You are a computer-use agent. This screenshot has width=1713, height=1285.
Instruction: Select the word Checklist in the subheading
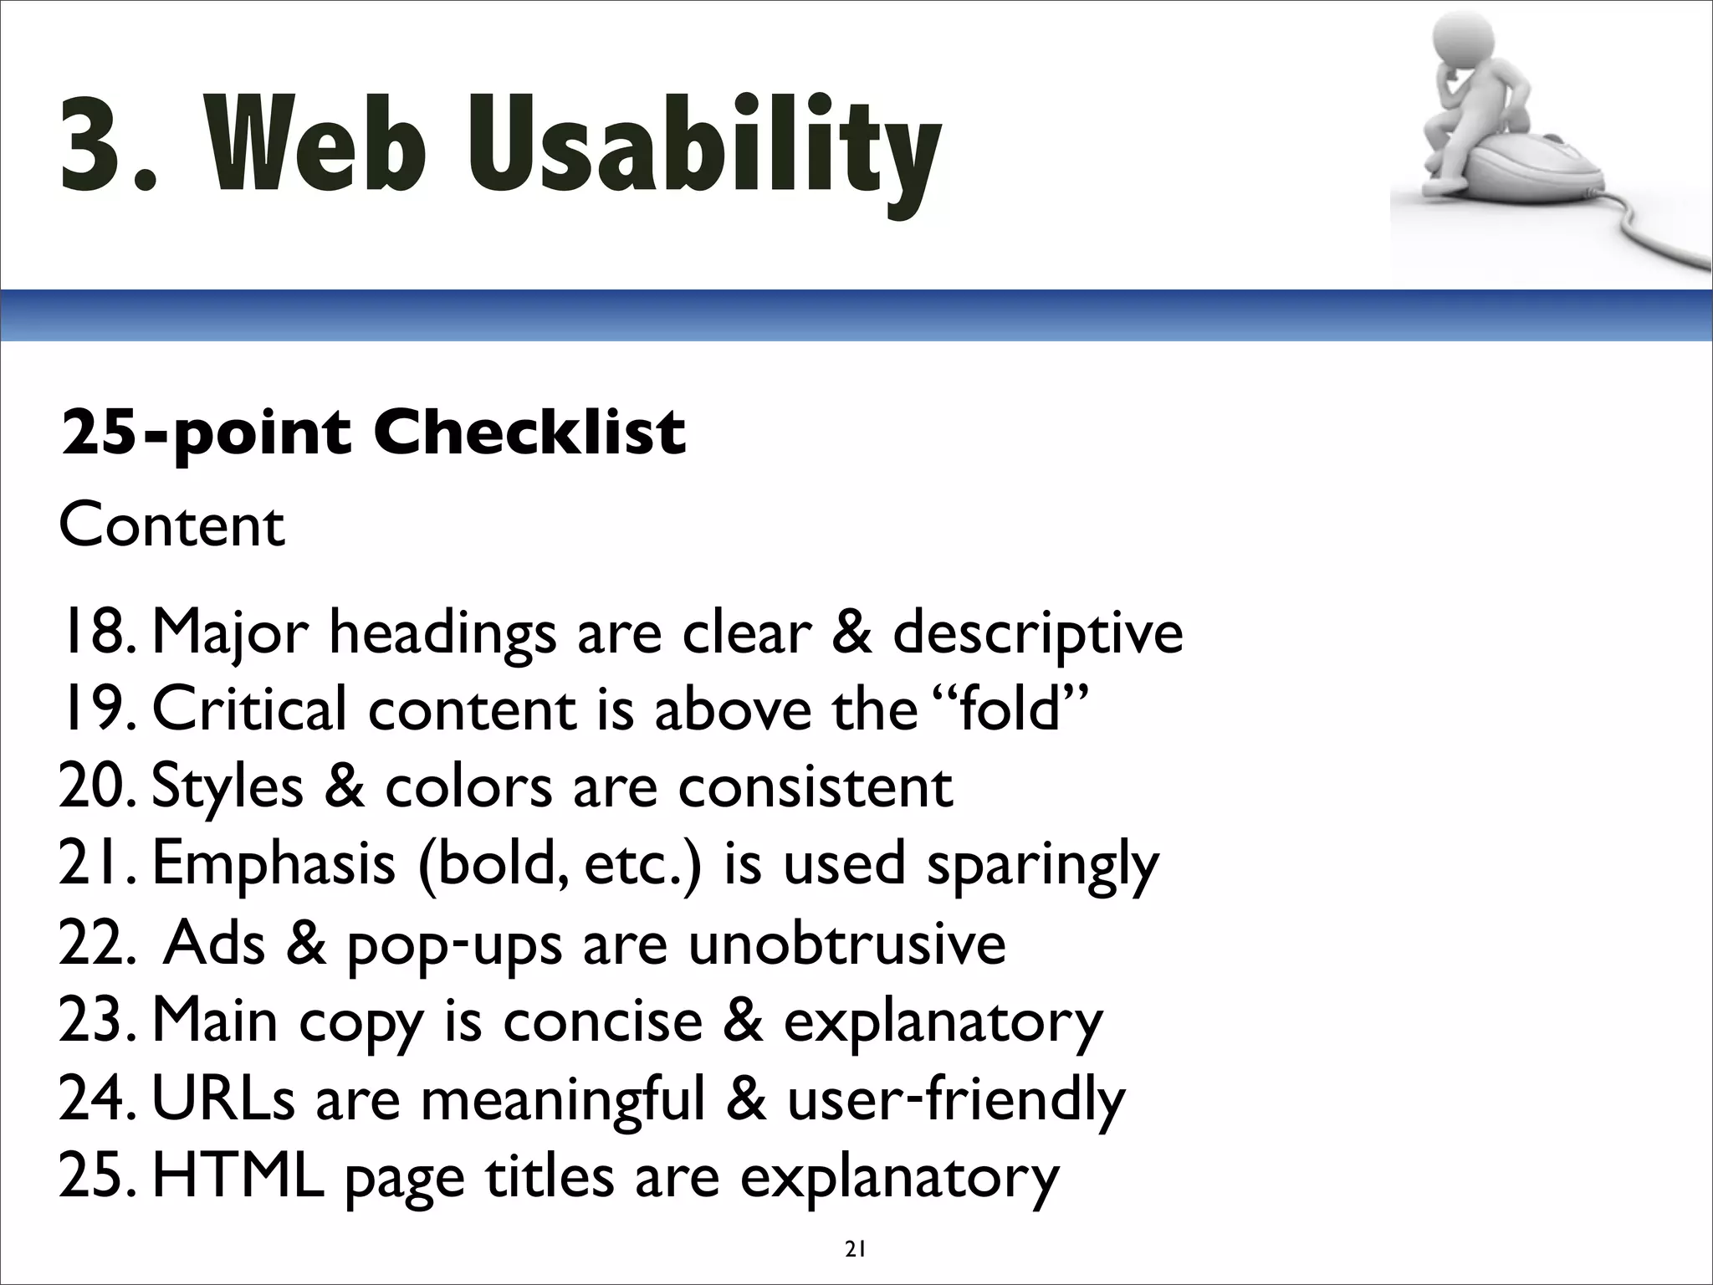click(529, 433)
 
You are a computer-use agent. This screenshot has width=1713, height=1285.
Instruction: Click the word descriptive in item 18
click(1037, 634)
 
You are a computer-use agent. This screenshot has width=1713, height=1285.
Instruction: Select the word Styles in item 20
click(228, 788)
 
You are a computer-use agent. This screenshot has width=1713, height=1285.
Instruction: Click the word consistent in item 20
click(815, 788)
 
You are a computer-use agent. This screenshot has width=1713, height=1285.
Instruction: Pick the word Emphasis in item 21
click(274, 866)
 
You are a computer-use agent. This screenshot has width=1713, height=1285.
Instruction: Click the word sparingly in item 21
click(1042, 866)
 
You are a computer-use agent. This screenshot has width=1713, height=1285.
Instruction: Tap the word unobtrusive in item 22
click(846, 944)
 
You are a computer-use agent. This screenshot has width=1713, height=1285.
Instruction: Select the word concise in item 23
click(602, 1021)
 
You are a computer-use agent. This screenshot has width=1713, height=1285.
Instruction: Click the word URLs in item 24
click(223, 1099)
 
